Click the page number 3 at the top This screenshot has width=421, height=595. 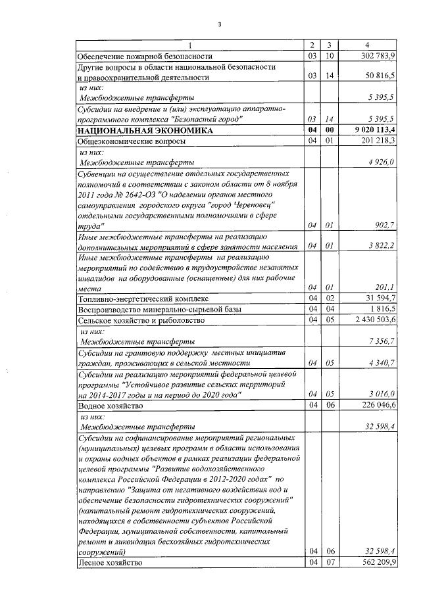pos(219,26)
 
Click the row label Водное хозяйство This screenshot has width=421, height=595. pos(110,406)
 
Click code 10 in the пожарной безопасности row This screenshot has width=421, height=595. pos(331,55)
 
